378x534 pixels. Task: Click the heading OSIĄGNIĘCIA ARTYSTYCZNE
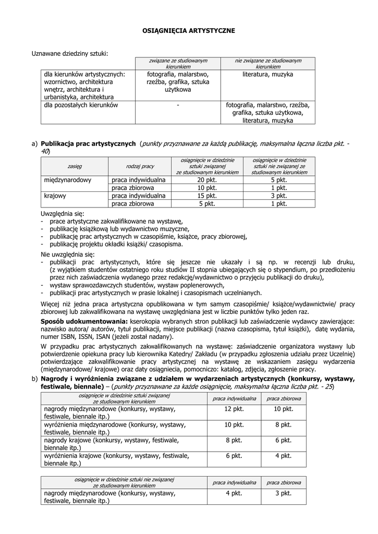[x=189, y=31]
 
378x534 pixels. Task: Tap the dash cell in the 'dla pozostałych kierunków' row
[x=178, y=105]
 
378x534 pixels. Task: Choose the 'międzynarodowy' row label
[x=68, y=180]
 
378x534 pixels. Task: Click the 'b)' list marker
[x=34, y=379]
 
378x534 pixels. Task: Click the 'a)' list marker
[x=34, y=143]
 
